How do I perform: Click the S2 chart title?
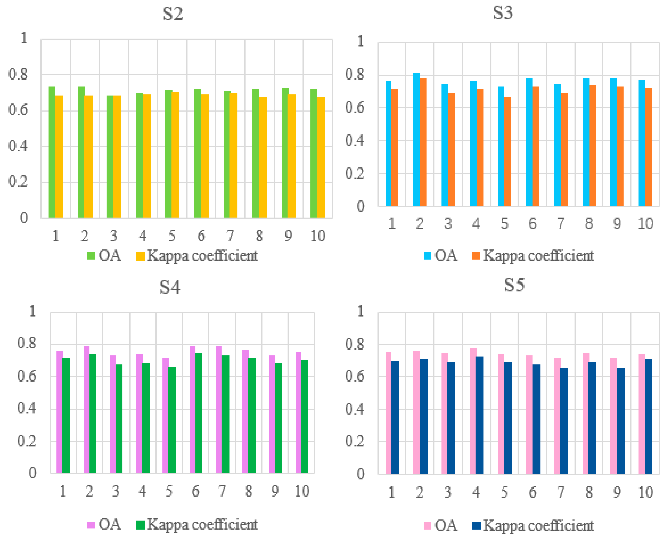(173, 14)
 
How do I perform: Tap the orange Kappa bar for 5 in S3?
(508, 153)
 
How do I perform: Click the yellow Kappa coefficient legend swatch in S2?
(140, 256)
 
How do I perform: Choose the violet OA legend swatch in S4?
(91, 525)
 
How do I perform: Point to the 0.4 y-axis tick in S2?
(18, 146)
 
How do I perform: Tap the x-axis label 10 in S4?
(301, 491)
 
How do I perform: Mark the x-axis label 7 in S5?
(560, 492)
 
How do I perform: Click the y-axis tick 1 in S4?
(32, 311)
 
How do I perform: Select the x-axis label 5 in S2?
(172, 236)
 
